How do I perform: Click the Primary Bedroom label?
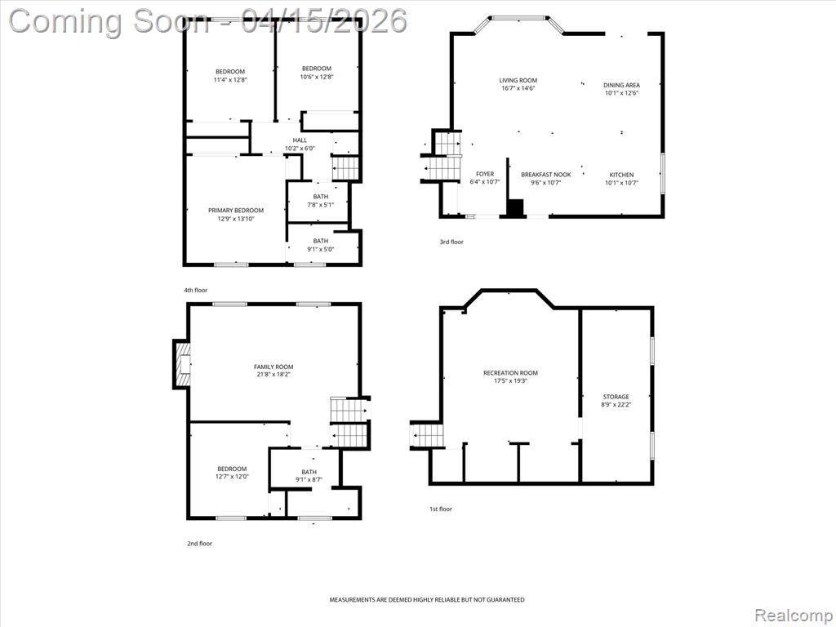coord(236,210)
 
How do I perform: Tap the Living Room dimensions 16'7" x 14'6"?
coord(518,88)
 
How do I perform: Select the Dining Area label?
coord(621,85)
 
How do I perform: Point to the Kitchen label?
coord(621,175)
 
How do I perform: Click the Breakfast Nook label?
coord(546,175)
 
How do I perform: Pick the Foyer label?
coord(485,174)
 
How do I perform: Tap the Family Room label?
coord(273,367)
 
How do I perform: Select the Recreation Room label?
coord(511,372)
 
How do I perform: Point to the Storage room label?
coord(616,397)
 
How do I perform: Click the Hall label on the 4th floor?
coord(300,140)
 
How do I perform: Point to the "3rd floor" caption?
coord(451,242)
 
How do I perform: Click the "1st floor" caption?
coord(441,509)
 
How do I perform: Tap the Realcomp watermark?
coord(794,616)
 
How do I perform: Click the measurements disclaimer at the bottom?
coord(426,600)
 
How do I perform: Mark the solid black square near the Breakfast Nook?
coord(515,208)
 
